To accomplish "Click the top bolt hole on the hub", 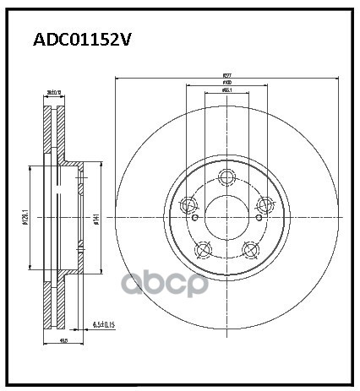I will (x=226, y=176).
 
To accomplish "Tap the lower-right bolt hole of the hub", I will (x=249, y=248).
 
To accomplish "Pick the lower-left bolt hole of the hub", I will (x=202, y=249).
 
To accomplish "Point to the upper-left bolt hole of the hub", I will (x=188, y=204).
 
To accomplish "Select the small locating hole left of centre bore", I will (x=195, y=218).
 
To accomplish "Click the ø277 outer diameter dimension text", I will (x=226, y=75).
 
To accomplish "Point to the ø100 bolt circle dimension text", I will (x=226, y=84).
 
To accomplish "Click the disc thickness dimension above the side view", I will (x=56, y=93).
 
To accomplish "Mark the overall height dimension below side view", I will (x=63, y=340).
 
